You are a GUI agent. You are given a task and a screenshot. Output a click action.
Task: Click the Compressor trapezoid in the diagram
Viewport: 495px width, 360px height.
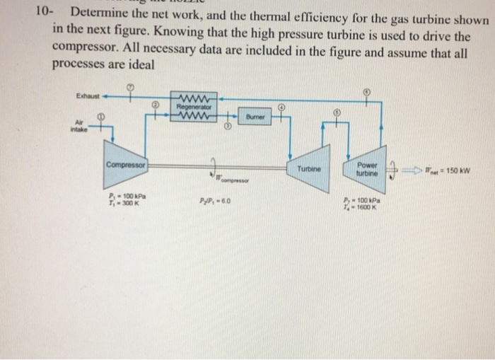pyautogui.click(x=125, y=167)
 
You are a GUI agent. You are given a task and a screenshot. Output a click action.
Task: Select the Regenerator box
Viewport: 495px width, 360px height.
pyautogui.click(x=193, y=108)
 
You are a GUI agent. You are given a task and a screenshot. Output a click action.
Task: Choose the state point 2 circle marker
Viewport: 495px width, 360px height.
pyautogui.click(x=153, y=106)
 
